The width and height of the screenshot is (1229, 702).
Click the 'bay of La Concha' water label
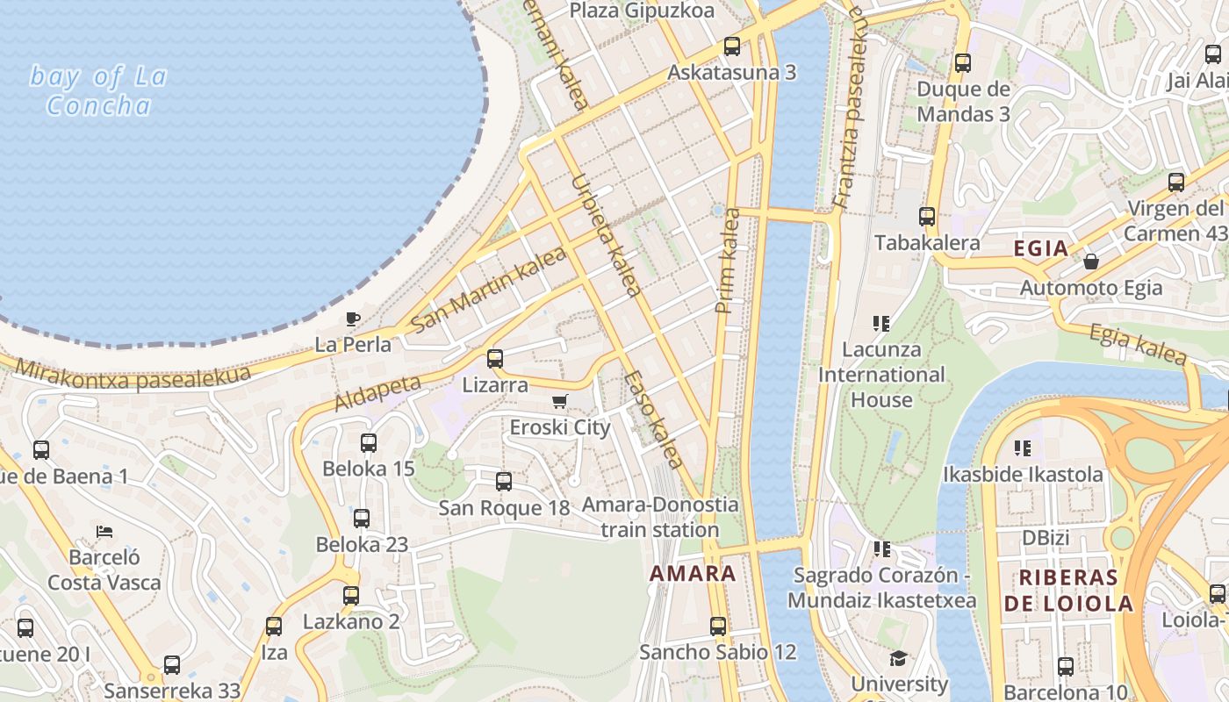click(x=97, y=90)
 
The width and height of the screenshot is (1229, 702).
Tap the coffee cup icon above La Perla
click(x=353, y=319)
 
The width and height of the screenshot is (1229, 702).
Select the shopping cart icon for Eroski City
click(x=559, y=402)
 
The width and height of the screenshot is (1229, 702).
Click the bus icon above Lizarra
click(x=495, y=358)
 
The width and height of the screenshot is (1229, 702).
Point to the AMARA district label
click(x=693, y=574)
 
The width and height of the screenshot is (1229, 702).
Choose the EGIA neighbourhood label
click(x=1041, y=248)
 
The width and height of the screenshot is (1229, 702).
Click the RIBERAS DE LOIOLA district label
click(x=1068, y=591)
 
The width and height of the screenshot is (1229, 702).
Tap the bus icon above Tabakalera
click(x=927, y=216)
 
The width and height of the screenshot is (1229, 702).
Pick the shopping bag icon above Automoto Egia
click(x=1091, y=261)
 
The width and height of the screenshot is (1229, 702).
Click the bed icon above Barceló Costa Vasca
click(x=104, y=532)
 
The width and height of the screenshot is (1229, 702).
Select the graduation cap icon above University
click(x=898, y=658)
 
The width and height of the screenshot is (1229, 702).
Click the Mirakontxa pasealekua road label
click(x=132, y=376)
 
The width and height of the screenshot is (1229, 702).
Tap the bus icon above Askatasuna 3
click(x=732, y=47)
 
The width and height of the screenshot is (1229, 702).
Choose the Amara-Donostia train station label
click(x=660, y=518)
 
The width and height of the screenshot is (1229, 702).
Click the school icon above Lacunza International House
click(x=882, y=324)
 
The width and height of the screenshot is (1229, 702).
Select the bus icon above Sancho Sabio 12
click(x=718, y=626)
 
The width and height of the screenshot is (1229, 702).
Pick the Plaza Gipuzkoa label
click(x=642, y=11)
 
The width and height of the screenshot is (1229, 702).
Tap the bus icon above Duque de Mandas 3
click(x=963, y=63)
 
